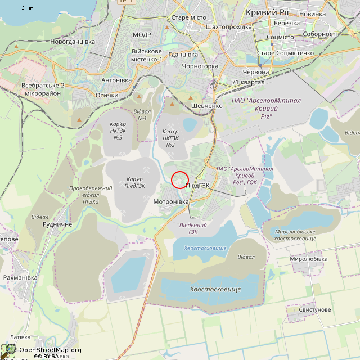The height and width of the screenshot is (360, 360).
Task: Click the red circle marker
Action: (179, 179)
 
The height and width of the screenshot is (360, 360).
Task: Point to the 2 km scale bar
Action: (27, 12)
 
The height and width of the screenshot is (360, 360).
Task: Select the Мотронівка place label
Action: (171, 201)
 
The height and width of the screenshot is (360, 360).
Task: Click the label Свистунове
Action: (314, 310)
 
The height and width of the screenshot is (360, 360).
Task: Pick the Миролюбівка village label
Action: (308, 259)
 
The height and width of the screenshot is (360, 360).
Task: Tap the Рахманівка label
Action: (20, 278)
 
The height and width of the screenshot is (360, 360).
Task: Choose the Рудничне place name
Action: (57, 224)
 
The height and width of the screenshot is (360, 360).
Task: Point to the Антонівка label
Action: (116, 80)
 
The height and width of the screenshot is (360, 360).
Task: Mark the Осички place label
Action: (107, 95)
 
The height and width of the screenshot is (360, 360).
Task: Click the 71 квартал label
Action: (248, 82)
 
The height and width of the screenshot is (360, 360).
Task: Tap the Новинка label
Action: (313, 14)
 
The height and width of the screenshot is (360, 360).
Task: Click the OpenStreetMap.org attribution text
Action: (50, 350)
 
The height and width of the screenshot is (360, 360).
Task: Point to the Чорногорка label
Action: (200, 66)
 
